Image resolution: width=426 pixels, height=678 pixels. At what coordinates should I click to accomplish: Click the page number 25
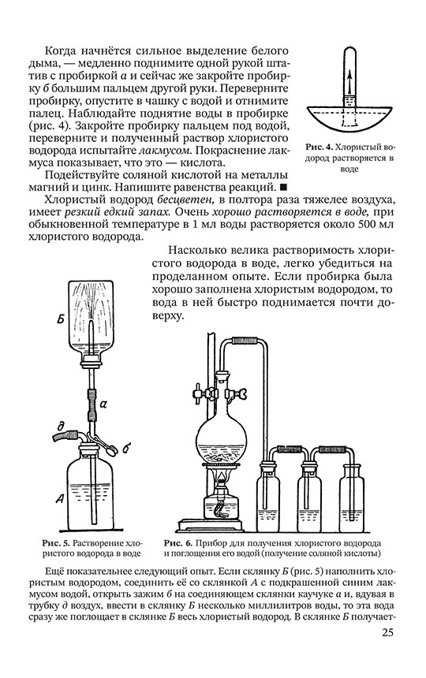coord(387,632)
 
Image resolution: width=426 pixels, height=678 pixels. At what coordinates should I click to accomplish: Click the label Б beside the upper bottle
coord(61,319)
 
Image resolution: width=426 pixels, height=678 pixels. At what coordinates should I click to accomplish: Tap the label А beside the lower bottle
coord(60,498)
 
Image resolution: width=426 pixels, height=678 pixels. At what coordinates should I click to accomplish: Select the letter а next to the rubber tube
coord(103,404)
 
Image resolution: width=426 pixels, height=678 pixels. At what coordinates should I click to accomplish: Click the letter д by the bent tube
coord(61,427)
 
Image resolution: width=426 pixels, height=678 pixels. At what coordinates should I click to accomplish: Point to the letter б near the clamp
coord(125,448)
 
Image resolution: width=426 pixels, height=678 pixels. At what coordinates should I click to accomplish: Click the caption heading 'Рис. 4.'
coord(319,147)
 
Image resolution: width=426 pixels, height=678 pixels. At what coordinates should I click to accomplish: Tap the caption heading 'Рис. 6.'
coord(177,542)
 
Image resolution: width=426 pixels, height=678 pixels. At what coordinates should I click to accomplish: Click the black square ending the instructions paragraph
coord(283,187)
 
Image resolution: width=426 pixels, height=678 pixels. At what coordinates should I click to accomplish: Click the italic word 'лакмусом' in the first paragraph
coord(165,151)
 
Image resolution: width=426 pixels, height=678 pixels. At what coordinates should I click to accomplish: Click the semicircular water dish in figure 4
coord(350,117)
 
